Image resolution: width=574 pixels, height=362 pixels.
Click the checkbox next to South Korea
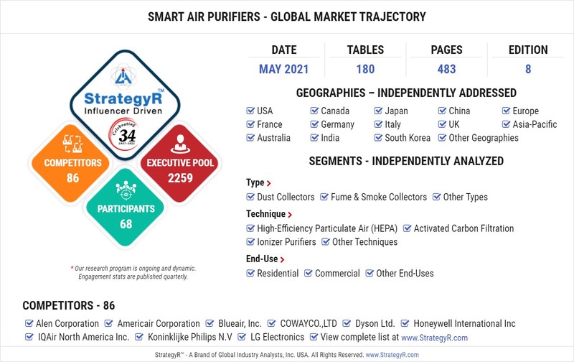pos(378,138)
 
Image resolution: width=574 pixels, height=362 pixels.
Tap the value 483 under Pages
pos(446,70)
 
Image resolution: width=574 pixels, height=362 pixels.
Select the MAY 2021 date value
pos(284,70)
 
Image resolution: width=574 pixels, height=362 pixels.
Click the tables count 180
pos(364,70)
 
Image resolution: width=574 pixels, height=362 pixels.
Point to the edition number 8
pos(527,70)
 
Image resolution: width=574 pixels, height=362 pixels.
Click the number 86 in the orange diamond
pos(72,177)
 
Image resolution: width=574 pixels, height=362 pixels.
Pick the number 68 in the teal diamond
pos(126,223)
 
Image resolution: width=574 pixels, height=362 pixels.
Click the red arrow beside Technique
pos(290,215)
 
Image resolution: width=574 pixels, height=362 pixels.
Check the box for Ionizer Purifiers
pos(250,242)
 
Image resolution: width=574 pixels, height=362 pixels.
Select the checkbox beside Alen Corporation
pos(29,324)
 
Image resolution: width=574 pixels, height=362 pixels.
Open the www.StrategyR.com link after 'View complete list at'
pos(434,338)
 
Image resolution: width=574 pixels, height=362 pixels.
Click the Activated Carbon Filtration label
pos(464,228)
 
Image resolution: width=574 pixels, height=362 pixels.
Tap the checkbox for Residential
pos(250,273)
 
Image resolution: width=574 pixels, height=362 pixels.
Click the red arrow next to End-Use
pos(283,259)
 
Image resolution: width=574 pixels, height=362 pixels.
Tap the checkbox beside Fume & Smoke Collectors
pos(324,197)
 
